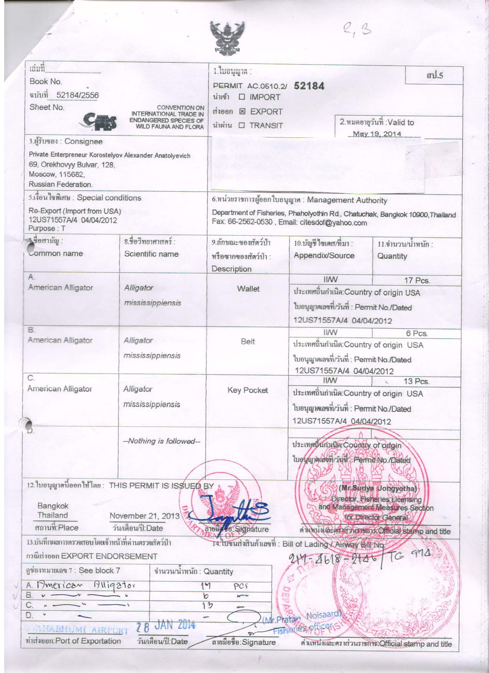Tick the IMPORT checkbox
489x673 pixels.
pos(242,97)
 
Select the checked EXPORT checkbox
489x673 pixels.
pos(242,112)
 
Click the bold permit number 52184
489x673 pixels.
pos(309,86)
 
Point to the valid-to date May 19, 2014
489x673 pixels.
pos(377,134)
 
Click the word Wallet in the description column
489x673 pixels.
pos(248,289)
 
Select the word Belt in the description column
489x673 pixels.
pos(248,341)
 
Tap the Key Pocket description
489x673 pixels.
pos(247,390)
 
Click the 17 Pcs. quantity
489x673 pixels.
pos(417,280)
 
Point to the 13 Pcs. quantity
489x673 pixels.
pos(416,381)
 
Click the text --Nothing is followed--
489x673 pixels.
pos(161,441)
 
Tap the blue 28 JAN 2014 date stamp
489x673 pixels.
pos(166,625)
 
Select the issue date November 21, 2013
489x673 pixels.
pos(145,516)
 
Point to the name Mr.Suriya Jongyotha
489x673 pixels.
pos(377,489)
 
